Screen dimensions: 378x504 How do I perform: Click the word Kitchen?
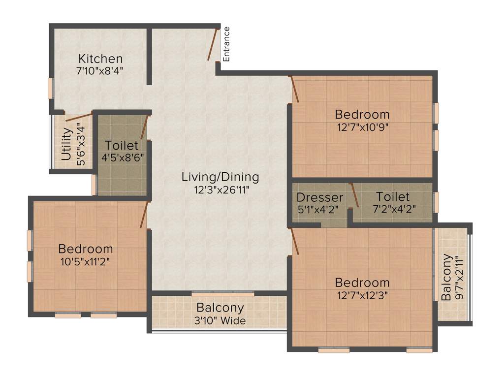coord(100,59)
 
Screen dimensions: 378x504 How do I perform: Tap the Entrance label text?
coord(226,44)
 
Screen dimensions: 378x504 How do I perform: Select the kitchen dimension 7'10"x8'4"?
coord(100,70)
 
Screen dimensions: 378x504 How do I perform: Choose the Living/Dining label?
coord(220,177)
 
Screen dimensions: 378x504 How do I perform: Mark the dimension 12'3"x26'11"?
coord(220,189)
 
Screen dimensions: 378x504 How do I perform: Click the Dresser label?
coord(320,197)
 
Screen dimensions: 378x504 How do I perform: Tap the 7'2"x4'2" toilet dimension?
coord(393,209)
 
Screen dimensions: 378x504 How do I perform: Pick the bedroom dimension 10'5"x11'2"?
coord(85,261)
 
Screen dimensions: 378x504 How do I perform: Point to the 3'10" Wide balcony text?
coord(220,321)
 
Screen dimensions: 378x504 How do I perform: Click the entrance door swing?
coord(213,45)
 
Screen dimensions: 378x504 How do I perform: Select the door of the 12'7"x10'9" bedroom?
coord(294,89)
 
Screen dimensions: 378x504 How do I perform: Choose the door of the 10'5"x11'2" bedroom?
coord(144,215)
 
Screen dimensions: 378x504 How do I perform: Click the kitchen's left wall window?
coord(50,89)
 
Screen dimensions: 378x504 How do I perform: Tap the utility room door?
coord(79,118)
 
